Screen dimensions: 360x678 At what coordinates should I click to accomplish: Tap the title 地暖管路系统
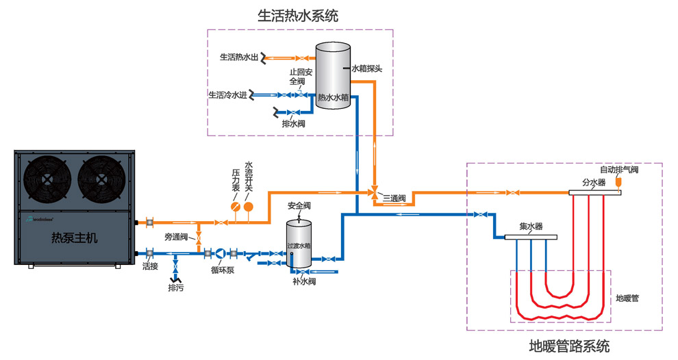tap(569, 346)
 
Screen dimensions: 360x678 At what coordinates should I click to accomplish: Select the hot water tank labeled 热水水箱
tap(333, 75)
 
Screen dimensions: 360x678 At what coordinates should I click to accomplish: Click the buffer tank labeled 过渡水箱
tap(299, 243)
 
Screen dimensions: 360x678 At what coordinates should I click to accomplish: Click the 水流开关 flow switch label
tap(249, 177)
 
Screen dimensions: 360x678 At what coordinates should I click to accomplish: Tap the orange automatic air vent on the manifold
tap(618, 183)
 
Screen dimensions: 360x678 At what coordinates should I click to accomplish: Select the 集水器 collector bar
tap(531, 237)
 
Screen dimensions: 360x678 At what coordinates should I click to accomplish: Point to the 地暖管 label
tap(627, 298)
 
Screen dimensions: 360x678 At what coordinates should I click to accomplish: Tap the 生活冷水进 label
tap(228, 94)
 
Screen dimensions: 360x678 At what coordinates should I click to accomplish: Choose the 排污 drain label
tap(176, 288)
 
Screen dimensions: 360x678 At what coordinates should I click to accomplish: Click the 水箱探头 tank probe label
tap(371, 68)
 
